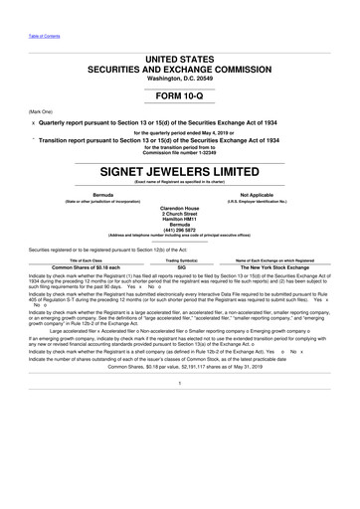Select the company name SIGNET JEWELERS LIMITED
coord(180,170)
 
